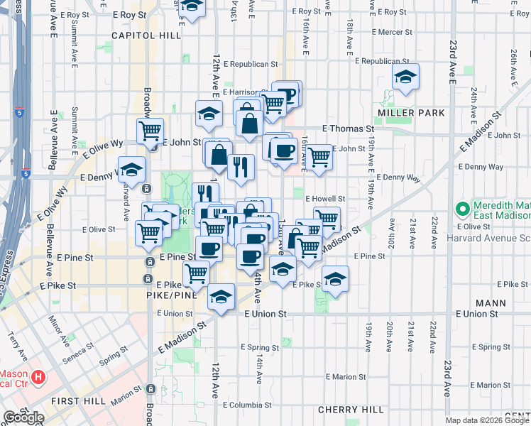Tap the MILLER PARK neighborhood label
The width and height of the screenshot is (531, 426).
pyautogui.click(x=411, y=113)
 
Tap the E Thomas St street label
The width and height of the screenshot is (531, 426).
pyautogui.click(x=347, y=129)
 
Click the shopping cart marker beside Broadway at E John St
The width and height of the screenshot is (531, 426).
pyautogui.click(x=150, y=131)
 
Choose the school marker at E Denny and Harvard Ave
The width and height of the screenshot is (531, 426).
pyautogui.click(x=131, y=169)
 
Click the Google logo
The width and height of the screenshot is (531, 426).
pyautogui.click(x=23, y=418)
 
